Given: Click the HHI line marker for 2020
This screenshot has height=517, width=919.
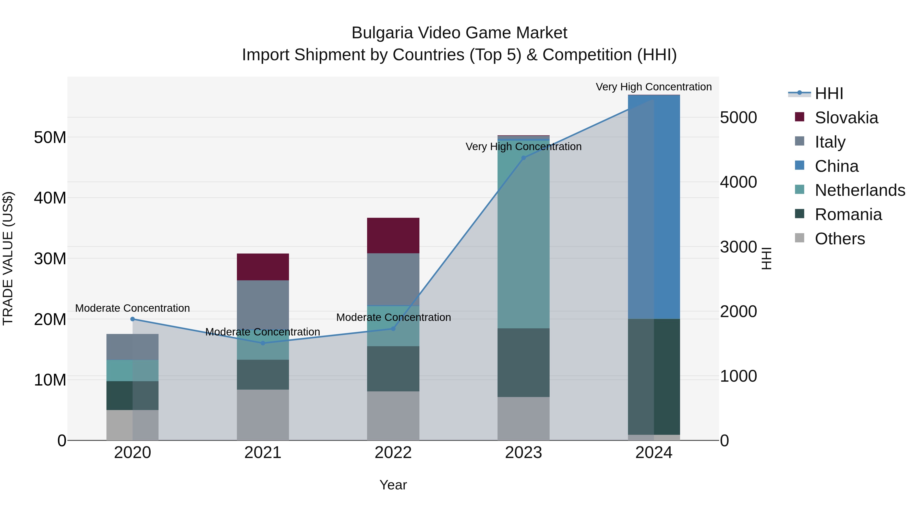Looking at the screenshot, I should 132,319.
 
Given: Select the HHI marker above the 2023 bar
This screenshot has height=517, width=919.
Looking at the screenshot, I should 523,158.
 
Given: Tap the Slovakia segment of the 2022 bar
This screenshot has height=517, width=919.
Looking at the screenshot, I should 393,235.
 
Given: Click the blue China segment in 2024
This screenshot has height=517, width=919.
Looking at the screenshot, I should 654,207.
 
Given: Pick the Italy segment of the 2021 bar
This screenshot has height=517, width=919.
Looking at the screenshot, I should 263,303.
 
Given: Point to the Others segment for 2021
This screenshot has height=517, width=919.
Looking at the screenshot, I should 263,415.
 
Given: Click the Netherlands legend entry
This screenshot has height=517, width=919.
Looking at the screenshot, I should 860,190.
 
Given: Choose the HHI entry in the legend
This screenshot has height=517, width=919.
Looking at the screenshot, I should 829,93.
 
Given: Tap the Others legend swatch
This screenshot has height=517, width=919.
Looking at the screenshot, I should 800,238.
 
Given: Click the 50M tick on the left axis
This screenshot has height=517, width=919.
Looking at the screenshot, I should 50,137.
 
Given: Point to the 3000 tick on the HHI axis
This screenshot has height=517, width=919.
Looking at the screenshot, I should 738,247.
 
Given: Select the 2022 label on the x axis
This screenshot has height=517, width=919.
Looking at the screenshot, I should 393,453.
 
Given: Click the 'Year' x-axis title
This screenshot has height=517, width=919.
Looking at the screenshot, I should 393,485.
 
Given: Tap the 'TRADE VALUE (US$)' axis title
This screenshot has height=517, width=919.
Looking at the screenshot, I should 8,258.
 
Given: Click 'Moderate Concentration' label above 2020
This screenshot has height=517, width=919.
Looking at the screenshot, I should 132,308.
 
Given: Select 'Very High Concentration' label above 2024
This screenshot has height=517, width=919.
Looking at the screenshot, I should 654,87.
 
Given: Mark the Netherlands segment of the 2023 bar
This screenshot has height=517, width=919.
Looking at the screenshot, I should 523,234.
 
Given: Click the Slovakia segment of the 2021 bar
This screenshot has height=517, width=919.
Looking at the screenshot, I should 263,267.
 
